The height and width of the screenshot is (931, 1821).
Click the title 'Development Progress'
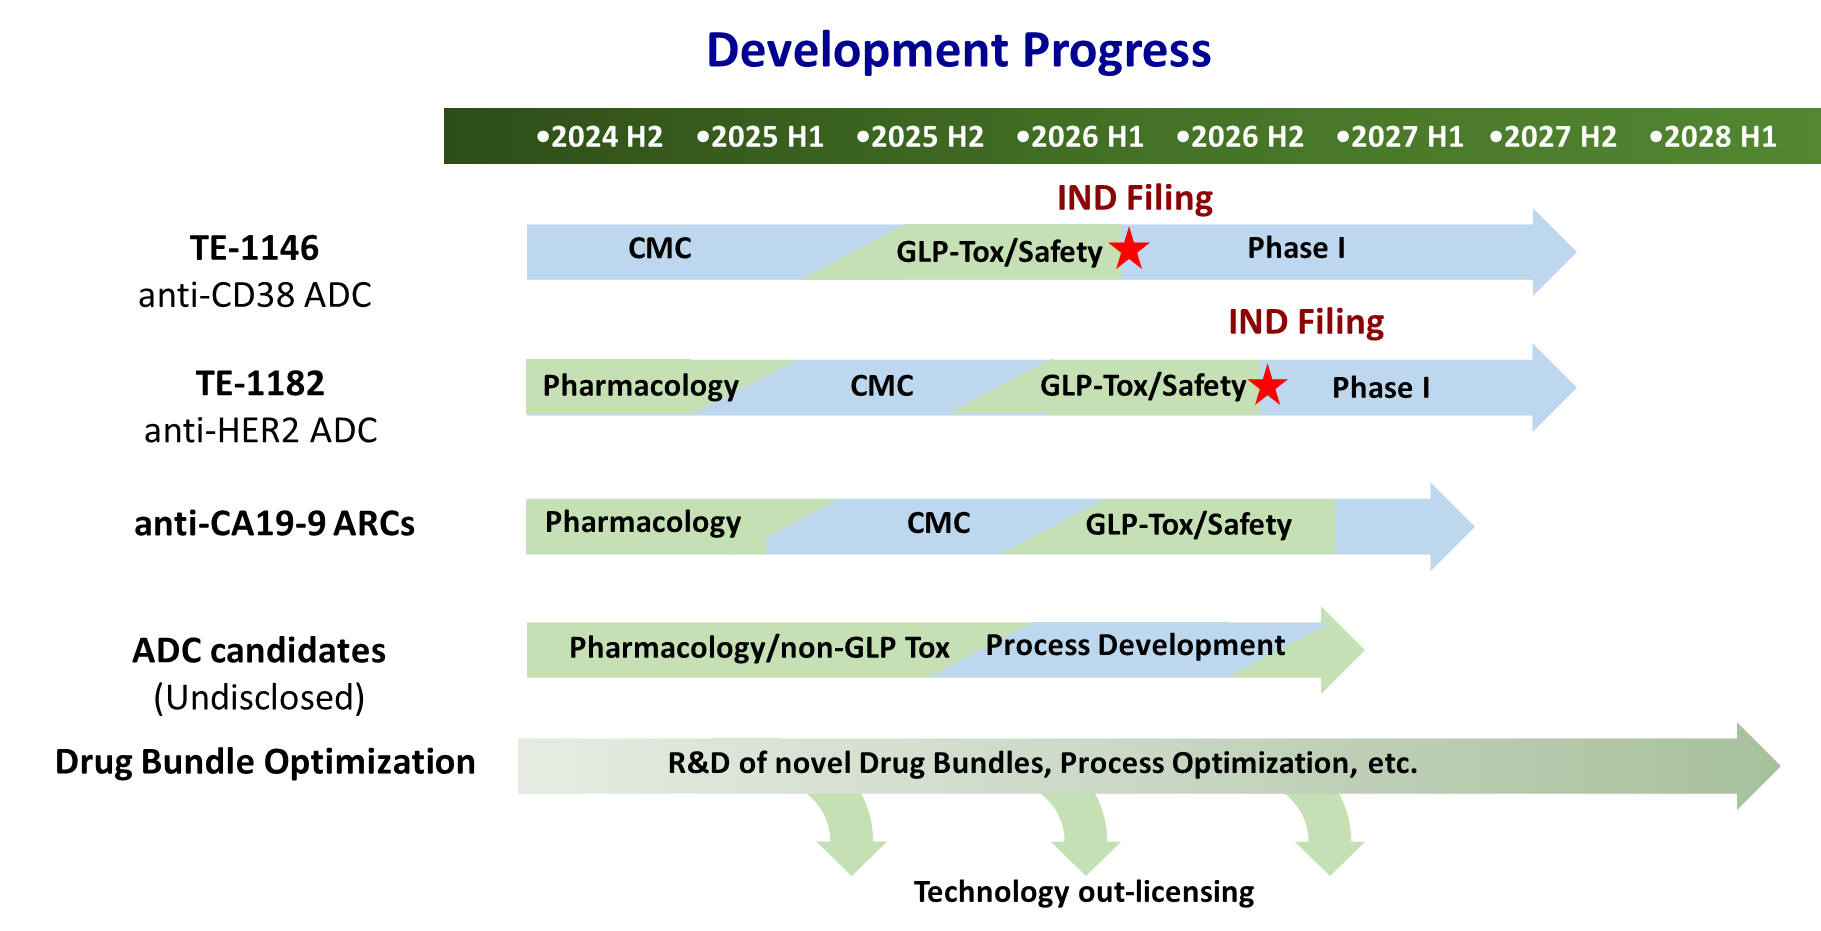pos(958,50)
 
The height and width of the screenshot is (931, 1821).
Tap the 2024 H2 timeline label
pos(600,137)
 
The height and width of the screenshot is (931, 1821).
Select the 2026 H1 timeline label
pos(1080,137)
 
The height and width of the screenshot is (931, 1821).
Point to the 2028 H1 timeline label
pos(1713,137)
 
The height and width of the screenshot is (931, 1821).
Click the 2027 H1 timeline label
pos(1400,137)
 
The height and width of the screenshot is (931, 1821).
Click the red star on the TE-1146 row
pos(1129,248)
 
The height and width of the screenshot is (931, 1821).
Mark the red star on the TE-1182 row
pos(1267,385)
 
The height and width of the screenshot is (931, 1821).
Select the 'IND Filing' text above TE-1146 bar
pos(1135,198)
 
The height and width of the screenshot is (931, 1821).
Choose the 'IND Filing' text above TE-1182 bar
pos(1306,322)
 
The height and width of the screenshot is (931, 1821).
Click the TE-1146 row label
pos(254,248)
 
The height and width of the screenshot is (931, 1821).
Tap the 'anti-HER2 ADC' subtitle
pos(261,431)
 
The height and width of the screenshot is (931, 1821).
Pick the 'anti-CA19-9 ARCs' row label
pos(274,523)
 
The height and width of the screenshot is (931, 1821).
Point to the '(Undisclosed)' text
pos(259,697)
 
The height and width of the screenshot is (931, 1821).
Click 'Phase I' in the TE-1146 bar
pos(1296,248)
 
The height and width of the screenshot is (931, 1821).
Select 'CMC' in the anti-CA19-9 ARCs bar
pos(938,523)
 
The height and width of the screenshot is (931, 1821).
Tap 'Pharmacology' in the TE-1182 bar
pos(641,386)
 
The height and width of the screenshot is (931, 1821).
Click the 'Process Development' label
pos(1135,646)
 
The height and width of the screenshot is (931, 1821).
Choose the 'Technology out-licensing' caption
pos(1084,892)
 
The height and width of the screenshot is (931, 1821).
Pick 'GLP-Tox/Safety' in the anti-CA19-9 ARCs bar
pos(1189,525)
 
